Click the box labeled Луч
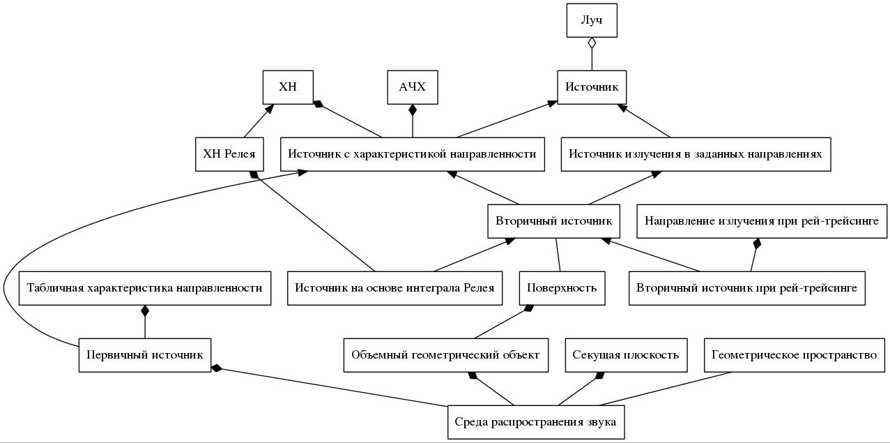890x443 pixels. [x=591, y=20]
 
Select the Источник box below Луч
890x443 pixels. [x=592, y=87]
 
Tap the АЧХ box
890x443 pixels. [x=413, y=87]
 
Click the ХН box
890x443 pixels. [x=288, y=87]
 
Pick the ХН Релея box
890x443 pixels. [x=229, y=154]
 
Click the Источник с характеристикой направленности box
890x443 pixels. [x=413, y=154]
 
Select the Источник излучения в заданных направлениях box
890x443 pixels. [x=696, y=154]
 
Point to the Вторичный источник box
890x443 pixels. [x=553, y=221]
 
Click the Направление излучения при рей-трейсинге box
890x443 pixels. [x=762, y=221]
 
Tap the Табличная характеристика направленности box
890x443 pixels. [x=145, y=288]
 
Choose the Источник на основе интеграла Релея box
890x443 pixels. [x=395, y=288]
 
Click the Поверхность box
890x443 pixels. [x=562, y=288]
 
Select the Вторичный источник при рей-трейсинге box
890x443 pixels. [x=746, y=288]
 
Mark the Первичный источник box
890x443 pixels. [x=145, y=355]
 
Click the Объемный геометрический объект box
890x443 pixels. [x=445, y=355]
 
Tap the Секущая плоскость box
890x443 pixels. [x=625, y=355]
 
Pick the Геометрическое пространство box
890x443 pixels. [x=794, y=355]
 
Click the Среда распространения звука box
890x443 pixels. [x=535, y=422]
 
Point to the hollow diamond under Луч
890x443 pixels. [x=592, y=43]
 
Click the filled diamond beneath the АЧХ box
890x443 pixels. [x=413, y=110]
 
